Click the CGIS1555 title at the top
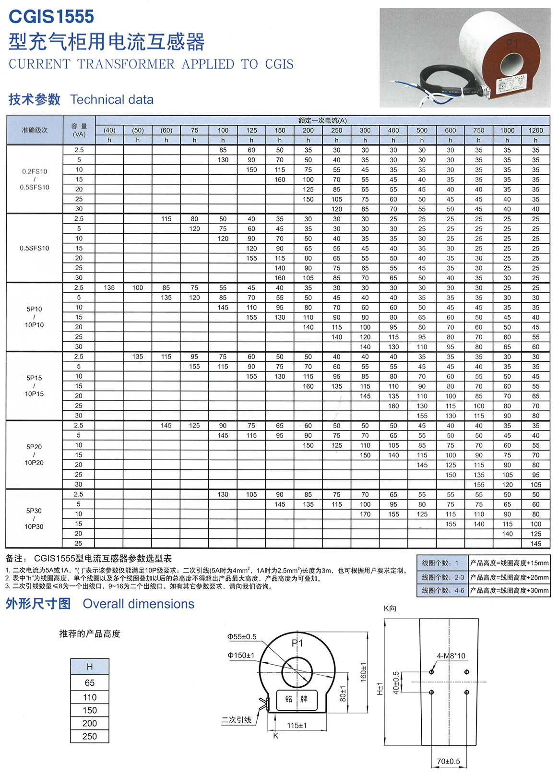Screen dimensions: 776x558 pos(51,17)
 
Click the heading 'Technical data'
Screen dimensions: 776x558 pos(112,99)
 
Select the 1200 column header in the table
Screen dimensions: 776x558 pos(535,130)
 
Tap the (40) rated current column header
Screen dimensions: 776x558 pos(109,130)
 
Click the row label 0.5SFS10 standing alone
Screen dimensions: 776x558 pos(35,248)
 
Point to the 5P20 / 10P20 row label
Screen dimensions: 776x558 pos(35,454)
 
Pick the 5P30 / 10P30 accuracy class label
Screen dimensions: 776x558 pos(35,519)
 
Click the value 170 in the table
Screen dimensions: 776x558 pos(365,514)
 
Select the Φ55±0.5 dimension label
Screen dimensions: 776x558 pos(242,637)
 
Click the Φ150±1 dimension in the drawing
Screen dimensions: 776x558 pos(241,655)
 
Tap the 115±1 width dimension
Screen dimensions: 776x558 pos(297,725)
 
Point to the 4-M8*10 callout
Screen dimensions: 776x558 pos(451,656)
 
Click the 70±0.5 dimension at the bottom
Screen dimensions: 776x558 pos(448,761)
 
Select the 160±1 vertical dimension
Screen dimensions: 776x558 pos(363,672)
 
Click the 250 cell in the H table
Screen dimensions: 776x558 pos(90,736)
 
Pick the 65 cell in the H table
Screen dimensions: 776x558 pos(90,682)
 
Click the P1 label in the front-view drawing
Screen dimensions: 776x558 pos(297,643)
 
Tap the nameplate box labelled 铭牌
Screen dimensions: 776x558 pos(297,699)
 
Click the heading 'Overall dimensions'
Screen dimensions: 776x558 pos(139,604)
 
